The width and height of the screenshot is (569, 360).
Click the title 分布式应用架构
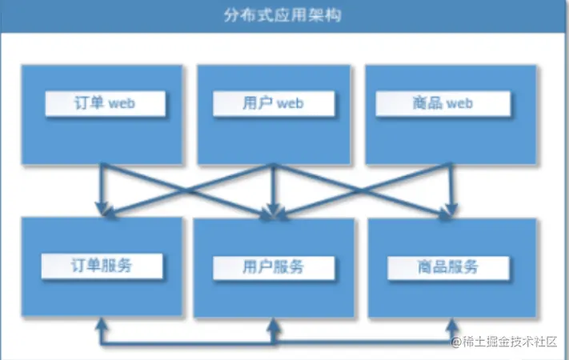pyautogui.click(x=285, y=16)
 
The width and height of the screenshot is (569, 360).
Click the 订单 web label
pyautogui.click(x=106, y=104)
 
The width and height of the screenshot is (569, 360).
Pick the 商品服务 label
pyautogui.click(x=447, y=266)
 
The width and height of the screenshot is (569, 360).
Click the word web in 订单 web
pyautogui.click(x=122, y=104)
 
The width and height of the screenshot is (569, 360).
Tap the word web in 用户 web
pyautogui.click(x=290, y=104)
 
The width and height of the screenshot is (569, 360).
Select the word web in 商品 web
pyautogui.click(x=459, y=104)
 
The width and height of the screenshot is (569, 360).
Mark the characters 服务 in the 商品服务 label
pyautogui.click(x=464, y=266)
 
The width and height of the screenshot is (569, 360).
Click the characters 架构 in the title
pyautogui.click(x=326, y=16)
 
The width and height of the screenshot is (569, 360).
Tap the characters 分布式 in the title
pyautogui.click(x=254, y=16)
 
